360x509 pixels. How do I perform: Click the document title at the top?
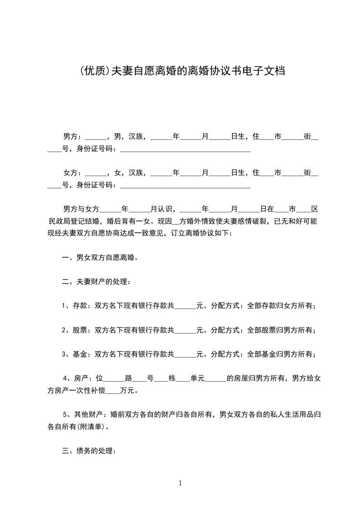(x=180, y=71)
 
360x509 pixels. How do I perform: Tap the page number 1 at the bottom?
(x=180, y=483)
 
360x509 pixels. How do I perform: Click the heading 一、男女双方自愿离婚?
(x=100, y=258)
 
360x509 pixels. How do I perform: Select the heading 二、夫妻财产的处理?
(x=96, y=282)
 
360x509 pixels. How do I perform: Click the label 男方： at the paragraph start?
(x=72, y=136)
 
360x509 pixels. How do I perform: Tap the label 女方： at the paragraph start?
(x=72, y=173)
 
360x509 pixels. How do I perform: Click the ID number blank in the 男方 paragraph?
(x=184, y=149)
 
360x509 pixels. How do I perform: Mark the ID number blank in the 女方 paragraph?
(x=184, y=186)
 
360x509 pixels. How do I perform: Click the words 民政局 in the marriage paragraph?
(x=59, y=221)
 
